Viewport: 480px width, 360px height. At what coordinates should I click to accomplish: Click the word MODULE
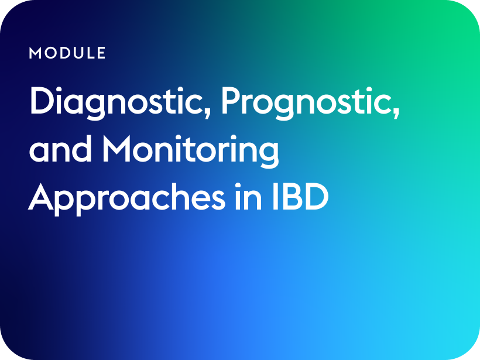pyautogui.click(x=67, y=53)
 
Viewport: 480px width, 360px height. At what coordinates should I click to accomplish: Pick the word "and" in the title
pyautogui.click(x=61, y=149)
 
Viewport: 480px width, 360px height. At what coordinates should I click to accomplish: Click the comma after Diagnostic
pyautogui.click(x=208, y=111)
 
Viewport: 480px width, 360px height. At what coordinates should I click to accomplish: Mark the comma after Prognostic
pyautogui.click(x=396, y=111)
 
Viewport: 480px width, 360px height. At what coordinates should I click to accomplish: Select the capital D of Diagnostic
pyautogui.click(x=42, y=101)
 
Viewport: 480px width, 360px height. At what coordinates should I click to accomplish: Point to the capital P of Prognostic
pyautogui.click(x=231, y=101)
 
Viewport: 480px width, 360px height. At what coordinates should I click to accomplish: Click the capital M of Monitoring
pyautogui.click(x=117, y=149)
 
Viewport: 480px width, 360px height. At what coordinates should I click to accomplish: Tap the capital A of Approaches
pyautogui.click(x=41, y=196)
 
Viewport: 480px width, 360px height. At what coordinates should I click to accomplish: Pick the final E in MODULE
pyautogui.click(x=102, y=53)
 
